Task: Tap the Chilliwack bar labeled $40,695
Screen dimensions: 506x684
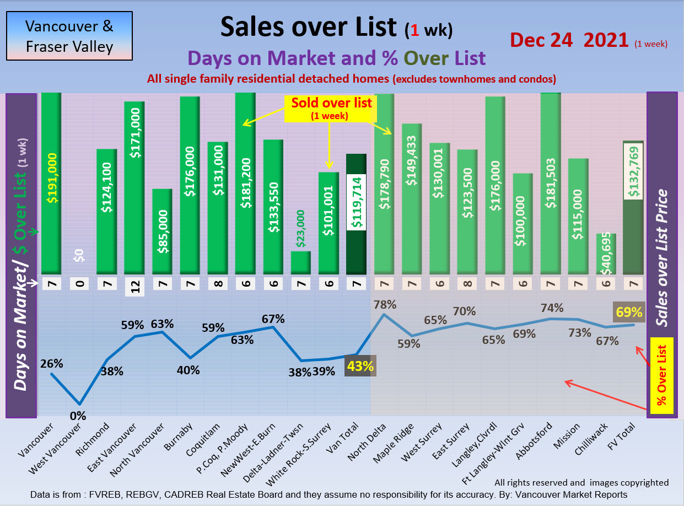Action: (606, 254)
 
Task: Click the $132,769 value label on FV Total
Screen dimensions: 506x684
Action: (633, 171)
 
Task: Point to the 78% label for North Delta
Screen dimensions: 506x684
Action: (384, 304)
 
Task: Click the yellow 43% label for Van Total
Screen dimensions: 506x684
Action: (360, 365)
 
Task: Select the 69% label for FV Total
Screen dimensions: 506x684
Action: (629, 312)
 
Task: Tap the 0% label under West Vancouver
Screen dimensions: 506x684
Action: (78, 416)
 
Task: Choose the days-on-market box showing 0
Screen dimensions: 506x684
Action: (79, 284)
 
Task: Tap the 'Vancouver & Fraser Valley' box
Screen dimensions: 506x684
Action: (69, 36)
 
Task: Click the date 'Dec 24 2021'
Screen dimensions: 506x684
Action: (569, 40)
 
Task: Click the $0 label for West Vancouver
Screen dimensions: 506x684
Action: (79, 255)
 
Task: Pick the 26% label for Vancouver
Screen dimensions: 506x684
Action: (51, 364)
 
